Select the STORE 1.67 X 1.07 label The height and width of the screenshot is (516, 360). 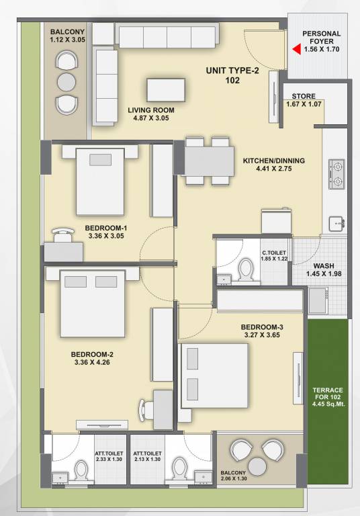[x=300, y=101]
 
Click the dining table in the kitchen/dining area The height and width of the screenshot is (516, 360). [x=207, y=161]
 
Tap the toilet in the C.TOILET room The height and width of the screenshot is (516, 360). [x=246, y=270]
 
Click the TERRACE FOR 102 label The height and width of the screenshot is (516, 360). [x=328, y=400]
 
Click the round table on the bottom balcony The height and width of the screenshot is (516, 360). [x=259, y=466]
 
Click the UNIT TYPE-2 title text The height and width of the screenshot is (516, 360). [x=232, y=71]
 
